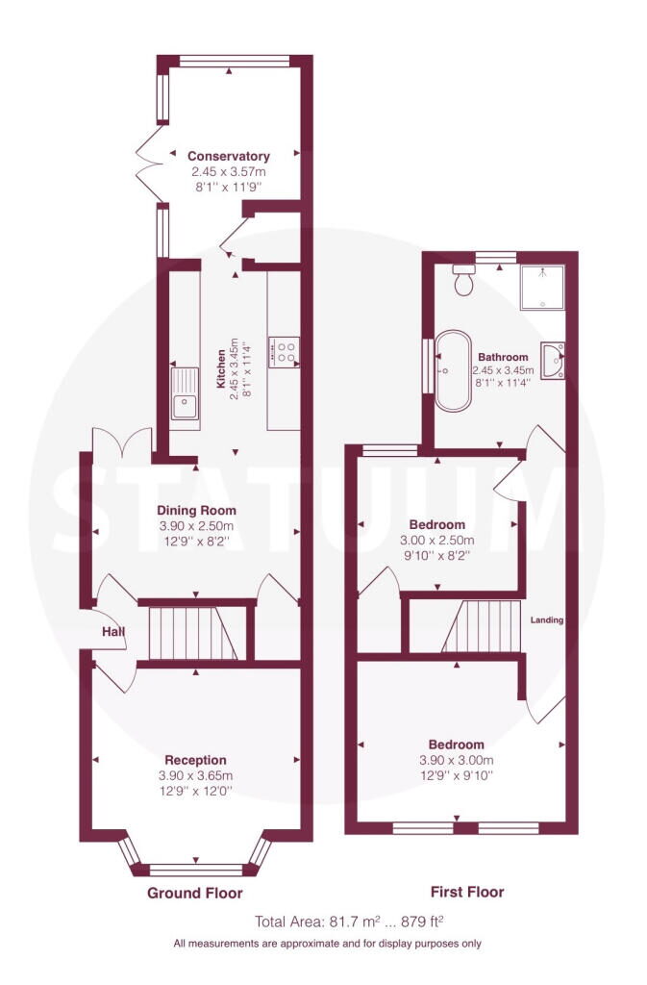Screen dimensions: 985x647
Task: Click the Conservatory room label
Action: coord(228,156)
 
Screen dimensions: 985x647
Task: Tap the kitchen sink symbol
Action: coord(186,406)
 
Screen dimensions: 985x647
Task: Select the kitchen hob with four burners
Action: coord(286,351)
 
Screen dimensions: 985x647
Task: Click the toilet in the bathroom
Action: coord(464,281)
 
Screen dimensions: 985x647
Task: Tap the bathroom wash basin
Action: coord(552,363)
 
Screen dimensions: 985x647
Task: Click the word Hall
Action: coord(114,632)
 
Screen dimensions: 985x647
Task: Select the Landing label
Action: coord(546,620)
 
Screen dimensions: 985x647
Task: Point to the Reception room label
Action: coord(195,760)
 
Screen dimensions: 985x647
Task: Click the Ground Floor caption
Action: coord(194,893)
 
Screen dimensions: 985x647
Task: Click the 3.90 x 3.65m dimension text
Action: coord(195,775)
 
